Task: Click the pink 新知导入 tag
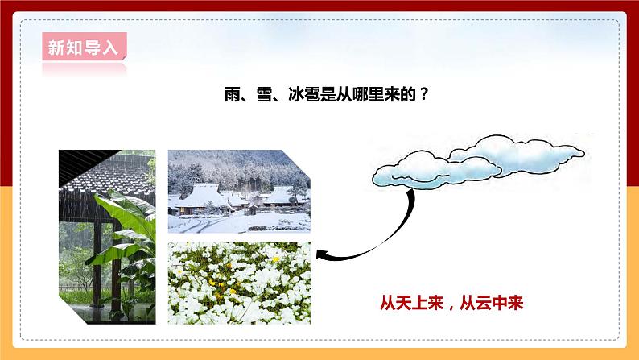pos(83,48)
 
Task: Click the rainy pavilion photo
pos(107,237)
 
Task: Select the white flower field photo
pos(238,283)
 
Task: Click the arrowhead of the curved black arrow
pos(323,255)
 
